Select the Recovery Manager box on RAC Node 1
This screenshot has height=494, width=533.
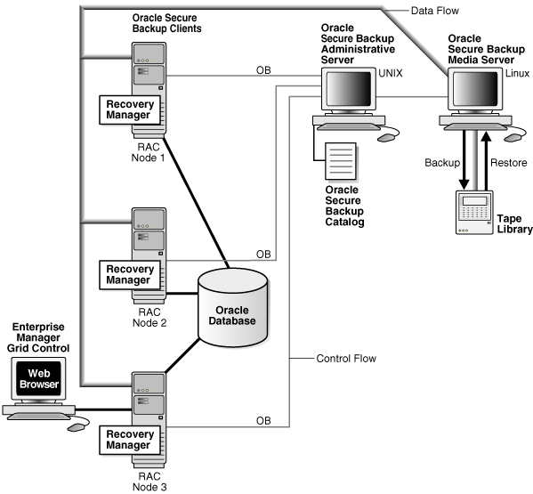tap(131, 109)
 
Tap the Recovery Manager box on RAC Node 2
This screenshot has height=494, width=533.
tap(131, 275)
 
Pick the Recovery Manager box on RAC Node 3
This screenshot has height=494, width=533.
tap(131, 439)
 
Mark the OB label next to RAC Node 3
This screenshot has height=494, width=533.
tap(263, 419)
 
